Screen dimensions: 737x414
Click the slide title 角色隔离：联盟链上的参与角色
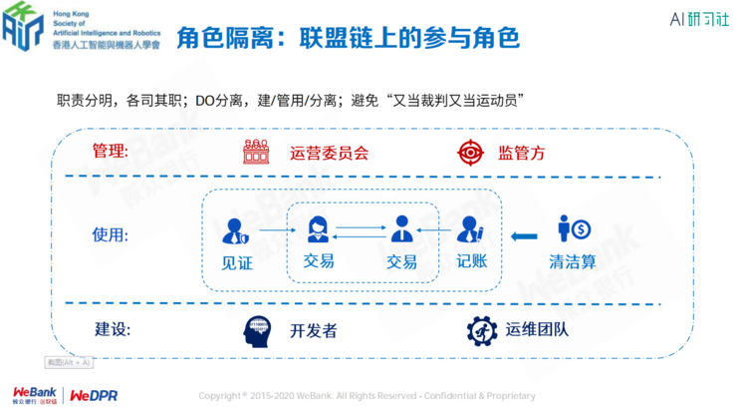(348, 38)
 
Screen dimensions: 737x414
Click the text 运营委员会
(329, 155)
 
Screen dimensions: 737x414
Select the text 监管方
(521, 155)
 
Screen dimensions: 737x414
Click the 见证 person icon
(235, 232)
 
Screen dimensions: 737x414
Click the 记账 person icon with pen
(470, 231)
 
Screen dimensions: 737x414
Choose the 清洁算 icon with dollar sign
(574, 229)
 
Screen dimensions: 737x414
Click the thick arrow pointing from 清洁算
(524, 235)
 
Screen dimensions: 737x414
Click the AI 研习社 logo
(687, 20)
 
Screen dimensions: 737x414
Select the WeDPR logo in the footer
(94, 395)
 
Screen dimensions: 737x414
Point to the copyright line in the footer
(367, 396)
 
